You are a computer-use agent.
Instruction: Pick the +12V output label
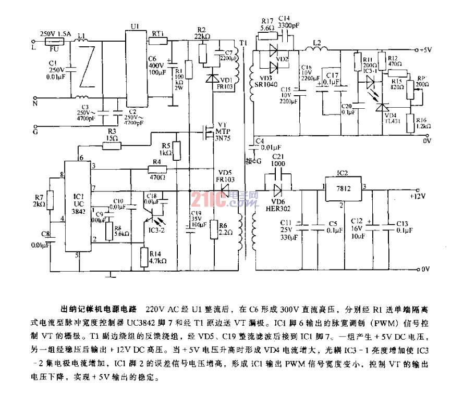(x=419, y=196)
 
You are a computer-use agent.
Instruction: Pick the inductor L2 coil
(x=315, y=50)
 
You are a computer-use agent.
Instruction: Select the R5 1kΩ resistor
(x=177, y=151)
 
